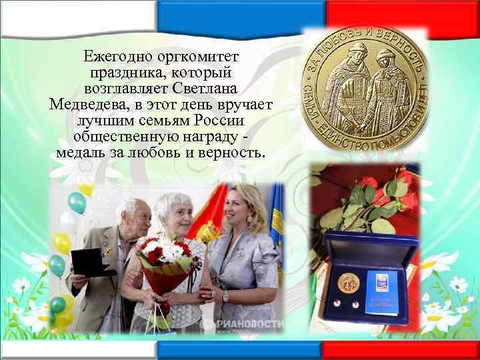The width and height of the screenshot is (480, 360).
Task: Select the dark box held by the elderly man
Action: pos(89,261)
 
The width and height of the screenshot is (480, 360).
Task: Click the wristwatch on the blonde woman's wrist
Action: pos(225,296)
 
